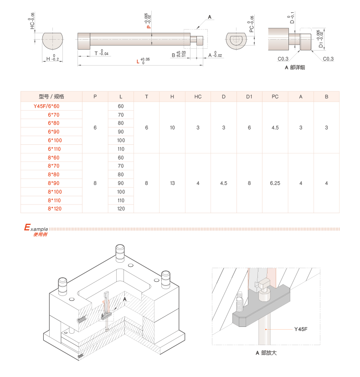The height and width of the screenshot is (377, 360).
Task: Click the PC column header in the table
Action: (x=275, y=97)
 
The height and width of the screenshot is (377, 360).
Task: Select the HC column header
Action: (x=198, y=97)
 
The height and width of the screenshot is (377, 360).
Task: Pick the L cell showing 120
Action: (x=121, y=209)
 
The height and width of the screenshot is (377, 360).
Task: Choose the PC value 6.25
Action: (x=275, y=183)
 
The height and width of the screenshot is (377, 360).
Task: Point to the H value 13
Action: (x=172, y=183)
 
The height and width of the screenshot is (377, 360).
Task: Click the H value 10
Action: (x=172, y=127)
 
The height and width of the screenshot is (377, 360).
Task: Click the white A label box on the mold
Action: (x=126, y=299)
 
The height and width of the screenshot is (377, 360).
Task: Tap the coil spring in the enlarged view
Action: (x=238, y=301)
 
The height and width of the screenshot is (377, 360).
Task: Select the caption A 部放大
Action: (x=266, y=353)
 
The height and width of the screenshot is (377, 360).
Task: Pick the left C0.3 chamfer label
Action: (x=283, y=59)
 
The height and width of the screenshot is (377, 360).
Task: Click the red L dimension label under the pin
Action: (x=138, y=61)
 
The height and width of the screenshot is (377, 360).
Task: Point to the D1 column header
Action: (x=249, y=97)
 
